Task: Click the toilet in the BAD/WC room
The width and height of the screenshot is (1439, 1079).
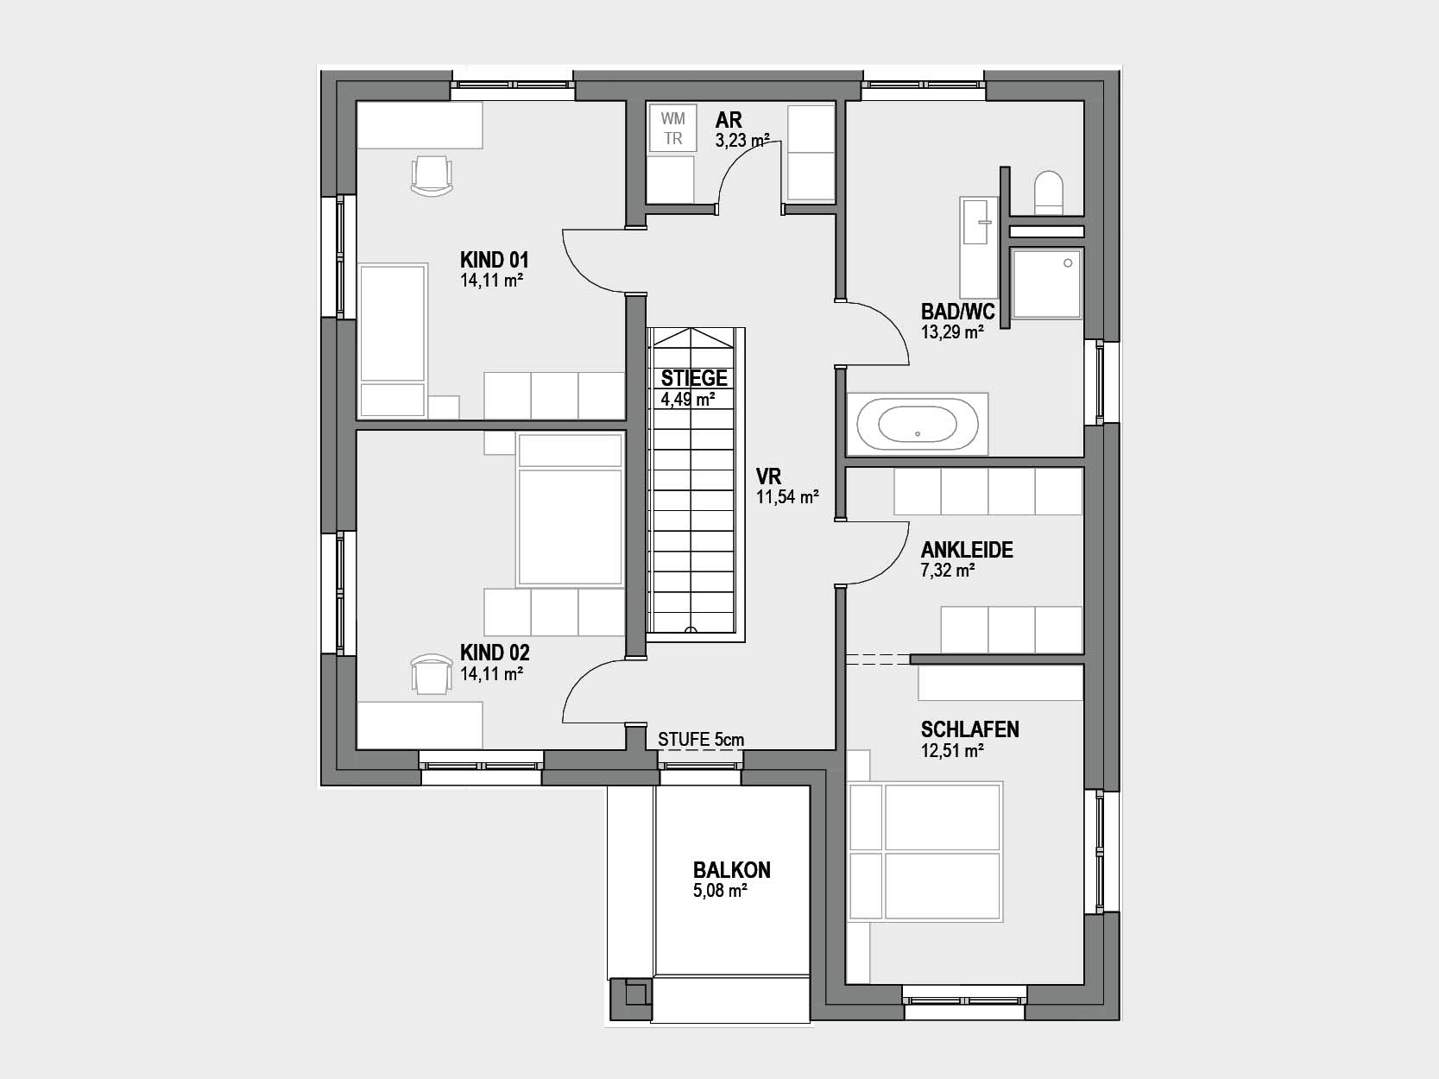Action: [1048, 192]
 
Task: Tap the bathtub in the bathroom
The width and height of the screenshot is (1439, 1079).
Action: [918, 424]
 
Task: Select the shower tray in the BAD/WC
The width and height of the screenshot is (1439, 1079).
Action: [1046, 283]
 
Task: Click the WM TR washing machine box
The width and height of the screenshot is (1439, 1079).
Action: [672, 129]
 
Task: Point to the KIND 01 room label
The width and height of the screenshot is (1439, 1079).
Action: [494, 260]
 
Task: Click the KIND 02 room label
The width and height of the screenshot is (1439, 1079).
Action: [495, 653]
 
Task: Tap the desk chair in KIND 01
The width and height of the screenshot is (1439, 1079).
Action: [432, 176]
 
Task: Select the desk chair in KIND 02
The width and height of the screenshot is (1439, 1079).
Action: [432, 674]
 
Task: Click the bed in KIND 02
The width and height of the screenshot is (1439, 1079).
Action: [570, 509]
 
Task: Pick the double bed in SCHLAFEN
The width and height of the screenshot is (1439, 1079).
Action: [925, 851]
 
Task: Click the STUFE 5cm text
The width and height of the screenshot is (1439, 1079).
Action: [701, 740]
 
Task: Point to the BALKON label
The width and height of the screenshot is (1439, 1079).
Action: [732, 870]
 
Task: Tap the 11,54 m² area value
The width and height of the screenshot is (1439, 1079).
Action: [787, 497]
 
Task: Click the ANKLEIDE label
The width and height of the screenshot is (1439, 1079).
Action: [967, 549]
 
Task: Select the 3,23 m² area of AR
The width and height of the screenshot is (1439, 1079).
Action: [742, 141]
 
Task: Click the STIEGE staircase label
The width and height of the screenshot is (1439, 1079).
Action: [694, 378]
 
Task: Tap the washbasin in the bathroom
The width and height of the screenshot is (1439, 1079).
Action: [978, 247]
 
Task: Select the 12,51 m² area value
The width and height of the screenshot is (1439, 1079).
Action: [952, 751]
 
